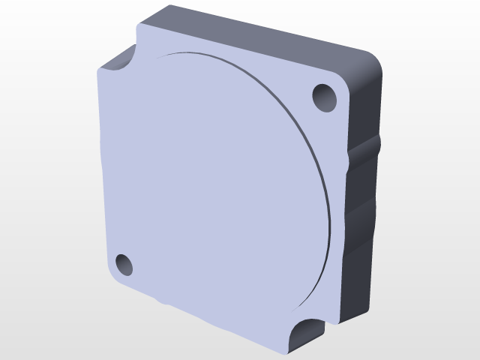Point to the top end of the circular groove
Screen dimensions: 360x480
click(x=180, y=53)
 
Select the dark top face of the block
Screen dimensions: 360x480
click(x=262, y=34)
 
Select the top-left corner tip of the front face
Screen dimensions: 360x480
click(x=139, y=25)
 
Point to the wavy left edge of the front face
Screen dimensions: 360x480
click(x=101, y=172)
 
